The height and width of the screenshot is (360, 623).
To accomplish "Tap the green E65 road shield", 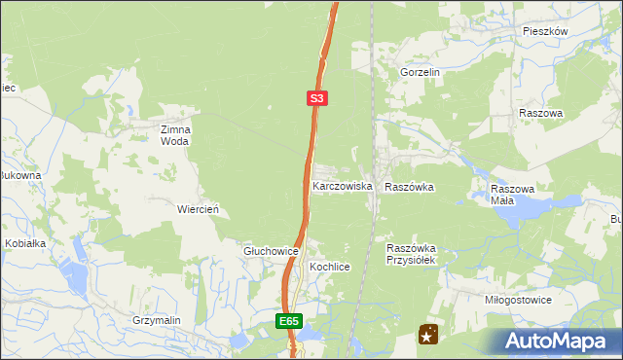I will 288,320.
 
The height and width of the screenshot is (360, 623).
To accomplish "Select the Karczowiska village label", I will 342,185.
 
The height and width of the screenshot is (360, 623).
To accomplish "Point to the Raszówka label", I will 409,186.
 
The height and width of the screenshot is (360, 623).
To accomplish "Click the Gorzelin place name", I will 421,72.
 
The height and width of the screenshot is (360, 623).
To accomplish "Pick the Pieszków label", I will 544,31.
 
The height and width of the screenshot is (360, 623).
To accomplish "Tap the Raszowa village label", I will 541,113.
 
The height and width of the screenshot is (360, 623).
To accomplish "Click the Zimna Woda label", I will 176,134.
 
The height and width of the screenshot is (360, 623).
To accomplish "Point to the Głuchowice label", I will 270,251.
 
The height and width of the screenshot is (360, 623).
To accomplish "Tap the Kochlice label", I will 329,266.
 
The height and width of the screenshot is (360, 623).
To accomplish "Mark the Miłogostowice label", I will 518,300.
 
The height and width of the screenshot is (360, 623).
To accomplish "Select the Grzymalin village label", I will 158,319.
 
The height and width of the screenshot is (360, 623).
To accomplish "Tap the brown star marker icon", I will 427,335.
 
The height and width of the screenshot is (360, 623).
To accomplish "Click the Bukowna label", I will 19,176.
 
